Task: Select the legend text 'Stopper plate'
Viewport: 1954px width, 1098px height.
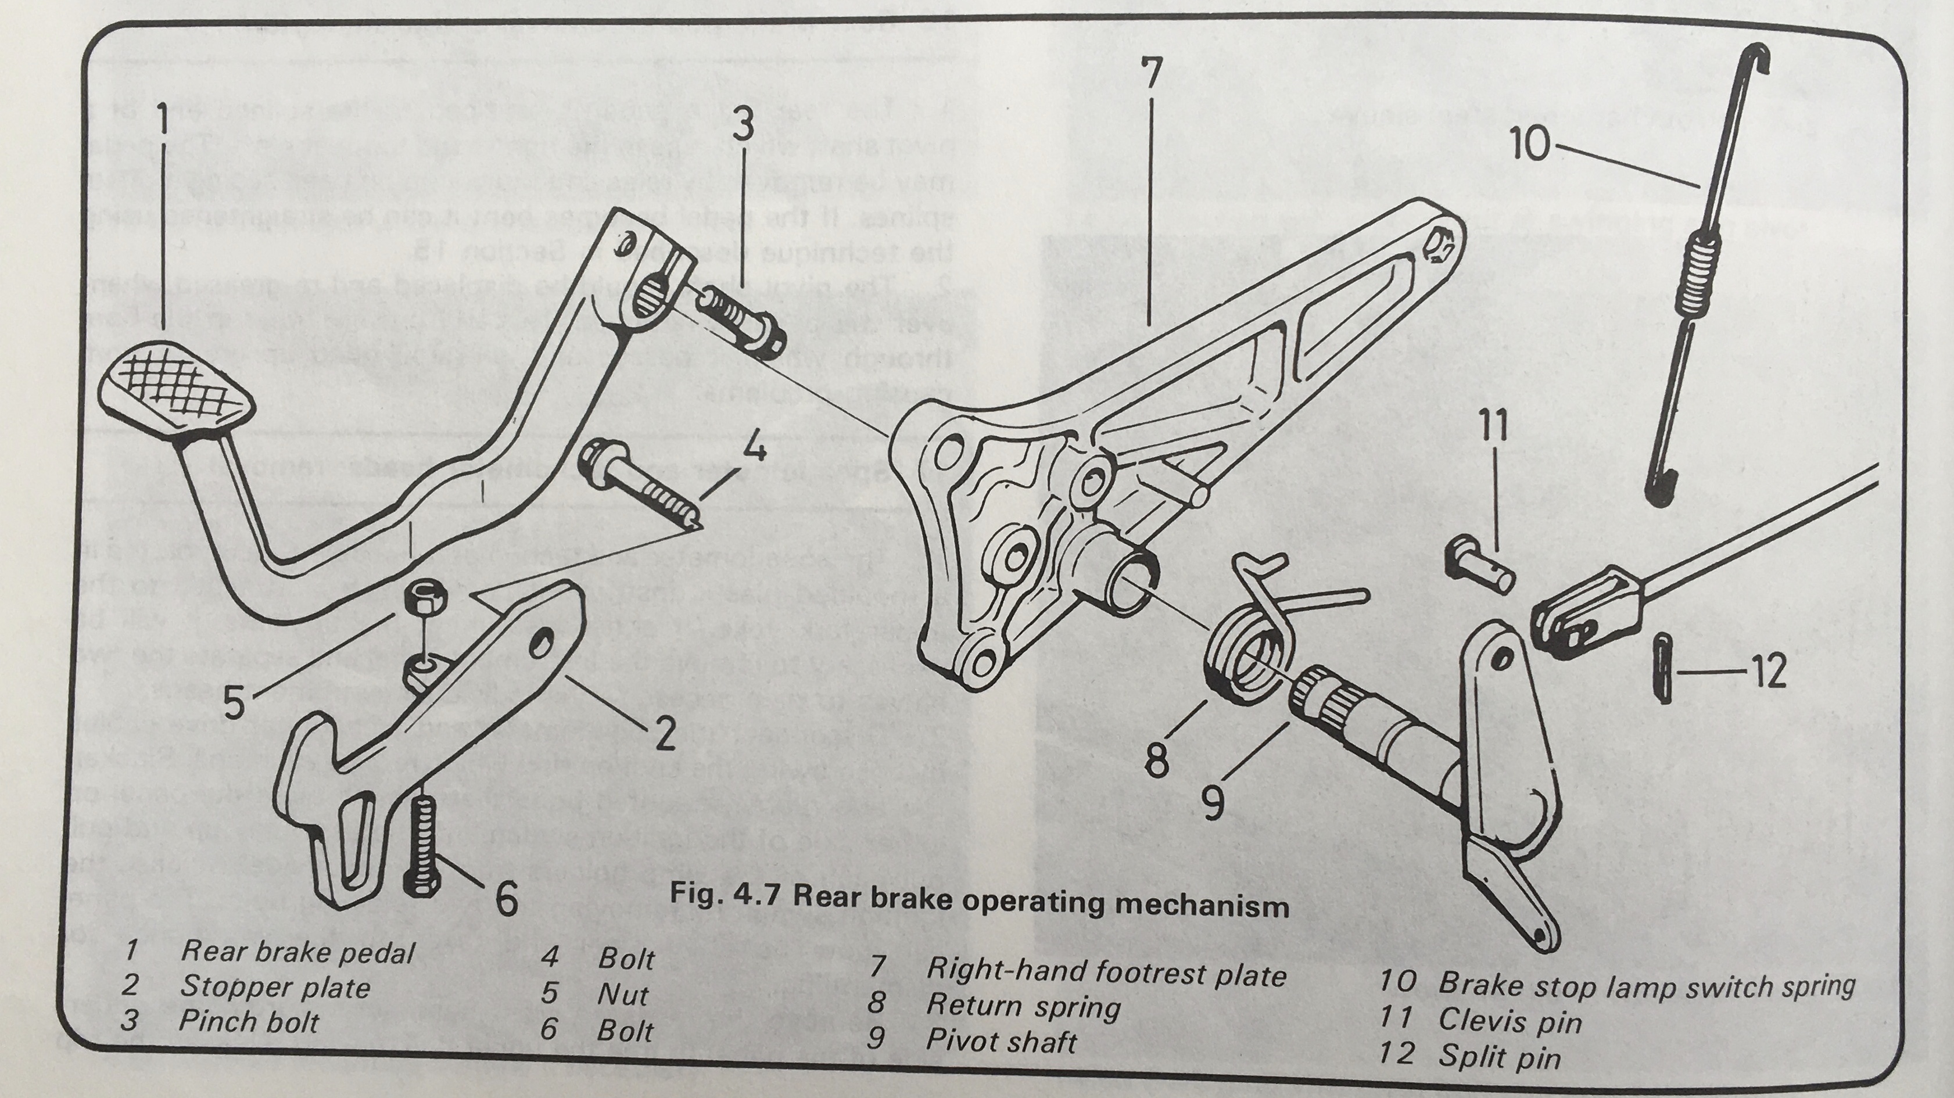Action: [x=275, y=986]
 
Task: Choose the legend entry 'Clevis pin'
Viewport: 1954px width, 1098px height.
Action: [x=1510, y=1021]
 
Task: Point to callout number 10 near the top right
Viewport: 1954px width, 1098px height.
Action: [x=1530, y=143]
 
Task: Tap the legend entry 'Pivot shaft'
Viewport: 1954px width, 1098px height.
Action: [x=1001, y=1041]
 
